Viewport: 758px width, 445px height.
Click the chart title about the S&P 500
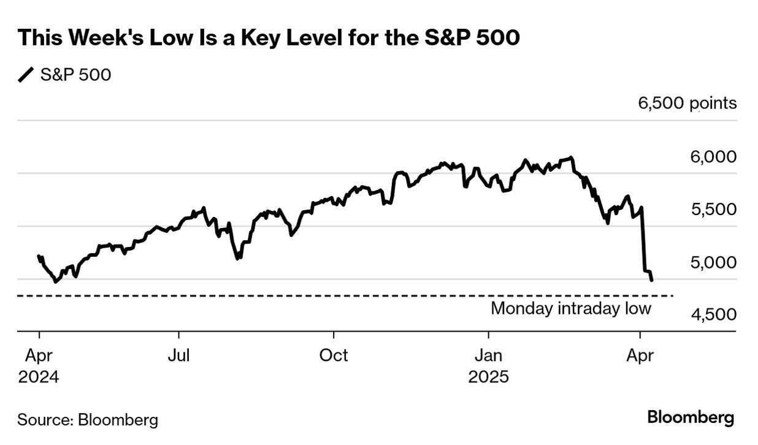click(x=269, y=39)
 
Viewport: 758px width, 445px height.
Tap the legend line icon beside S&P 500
click(x=26, y=75)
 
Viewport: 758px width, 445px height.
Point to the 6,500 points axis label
click(x=687, y=103)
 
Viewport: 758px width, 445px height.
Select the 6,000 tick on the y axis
click(x=713, y=157)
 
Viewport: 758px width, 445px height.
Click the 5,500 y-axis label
click(x=713, y=210)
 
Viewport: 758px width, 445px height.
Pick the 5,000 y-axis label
click(x=713, y=262)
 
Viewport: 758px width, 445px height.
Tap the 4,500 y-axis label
click(x=713, y=315)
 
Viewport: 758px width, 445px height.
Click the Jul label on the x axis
click(x=178, y=356)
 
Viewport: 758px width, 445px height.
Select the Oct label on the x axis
click(x=334, y=356)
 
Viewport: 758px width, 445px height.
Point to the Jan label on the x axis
click(x=489, y=356)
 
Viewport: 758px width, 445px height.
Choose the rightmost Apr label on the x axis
click(x=640, y=356)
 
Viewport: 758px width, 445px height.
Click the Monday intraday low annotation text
click(x=570, y=308)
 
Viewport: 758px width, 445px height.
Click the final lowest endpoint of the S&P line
click(x=651, y=280)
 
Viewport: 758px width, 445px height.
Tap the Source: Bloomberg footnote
click(x=88, y=420)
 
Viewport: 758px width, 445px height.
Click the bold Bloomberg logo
click(x=691, y=418)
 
